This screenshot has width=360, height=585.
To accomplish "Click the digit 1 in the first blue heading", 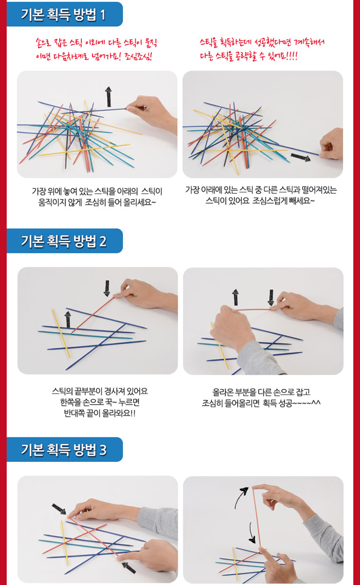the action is pyautogui.click(x=103, y=15).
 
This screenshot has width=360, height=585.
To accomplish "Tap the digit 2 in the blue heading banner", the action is pyautogui.click(x=103, y=241).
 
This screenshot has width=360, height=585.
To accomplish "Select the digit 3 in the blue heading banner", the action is pyautogui.click(x=103, y=450).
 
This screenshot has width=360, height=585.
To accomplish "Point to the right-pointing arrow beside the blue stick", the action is pyautogui.click(x=300, y=157).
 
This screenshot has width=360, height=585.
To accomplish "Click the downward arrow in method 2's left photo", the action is pyautogui.click(x=107, y=289).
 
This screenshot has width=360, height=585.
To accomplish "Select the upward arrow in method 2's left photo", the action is pyautogui.click(x=68, y=319).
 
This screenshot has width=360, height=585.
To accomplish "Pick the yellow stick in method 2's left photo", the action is pyautogui.click(x=61, y=333).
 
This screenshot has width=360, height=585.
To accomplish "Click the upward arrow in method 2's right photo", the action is pyautogui.click(x=236, y=297).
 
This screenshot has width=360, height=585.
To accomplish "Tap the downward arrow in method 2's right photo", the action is pyautogui.click(x=271, y=298).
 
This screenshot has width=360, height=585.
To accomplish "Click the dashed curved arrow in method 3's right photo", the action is pyautogui.click(x=252, y=533).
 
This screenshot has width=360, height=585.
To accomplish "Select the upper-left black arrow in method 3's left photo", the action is pyautogui.click(x=59, y=509).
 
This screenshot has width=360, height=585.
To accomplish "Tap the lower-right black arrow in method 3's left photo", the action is pyautogui.click(x=129, y=568).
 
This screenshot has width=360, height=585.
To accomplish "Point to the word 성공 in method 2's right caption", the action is pyautogui.click(x=285, y=403).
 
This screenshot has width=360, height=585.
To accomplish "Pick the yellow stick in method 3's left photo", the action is pyautogui.click(x=65, y=542).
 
